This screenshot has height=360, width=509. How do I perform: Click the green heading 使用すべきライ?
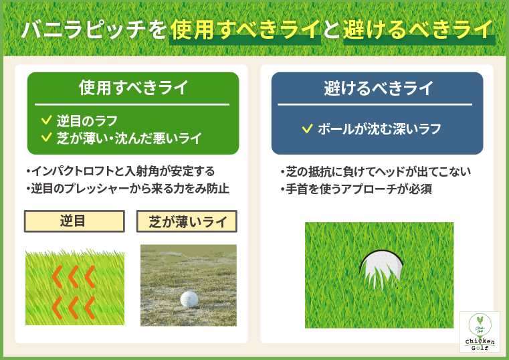point(132,88)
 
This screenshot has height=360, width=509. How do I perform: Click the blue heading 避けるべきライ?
point(378,88)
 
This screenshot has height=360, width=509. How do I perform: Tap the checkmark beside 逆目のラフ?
point(46,120)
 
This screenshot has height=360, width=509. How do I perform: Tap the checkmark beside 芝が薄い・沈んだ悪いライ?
point(46,138)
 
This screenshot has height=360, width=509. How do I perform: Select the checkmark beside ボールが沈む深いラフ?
point(306,128)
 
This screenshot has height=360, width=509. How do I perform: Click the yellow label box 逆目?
point(74,221)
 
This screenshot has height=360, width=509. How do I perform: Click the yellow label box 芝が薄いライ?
point(187,221)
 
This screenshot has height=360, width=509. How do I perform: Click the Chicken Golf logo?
point(480,331)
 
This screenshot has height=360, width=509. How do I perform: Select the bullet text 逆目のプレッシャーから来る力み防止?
point(127,189)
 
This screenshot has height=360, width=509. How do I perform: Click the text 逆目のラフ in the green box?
point(87,121)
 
